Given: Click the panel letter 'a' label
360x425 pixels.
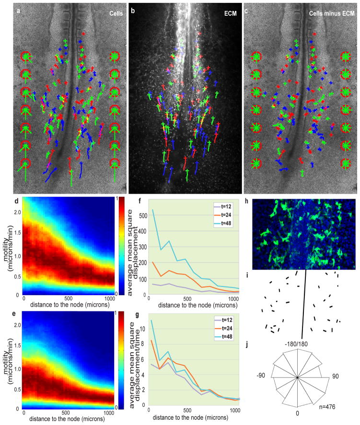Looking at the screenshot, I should (18, 10).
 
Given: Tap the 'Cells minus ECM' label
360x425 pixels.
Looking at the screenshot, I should (333, 10).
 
